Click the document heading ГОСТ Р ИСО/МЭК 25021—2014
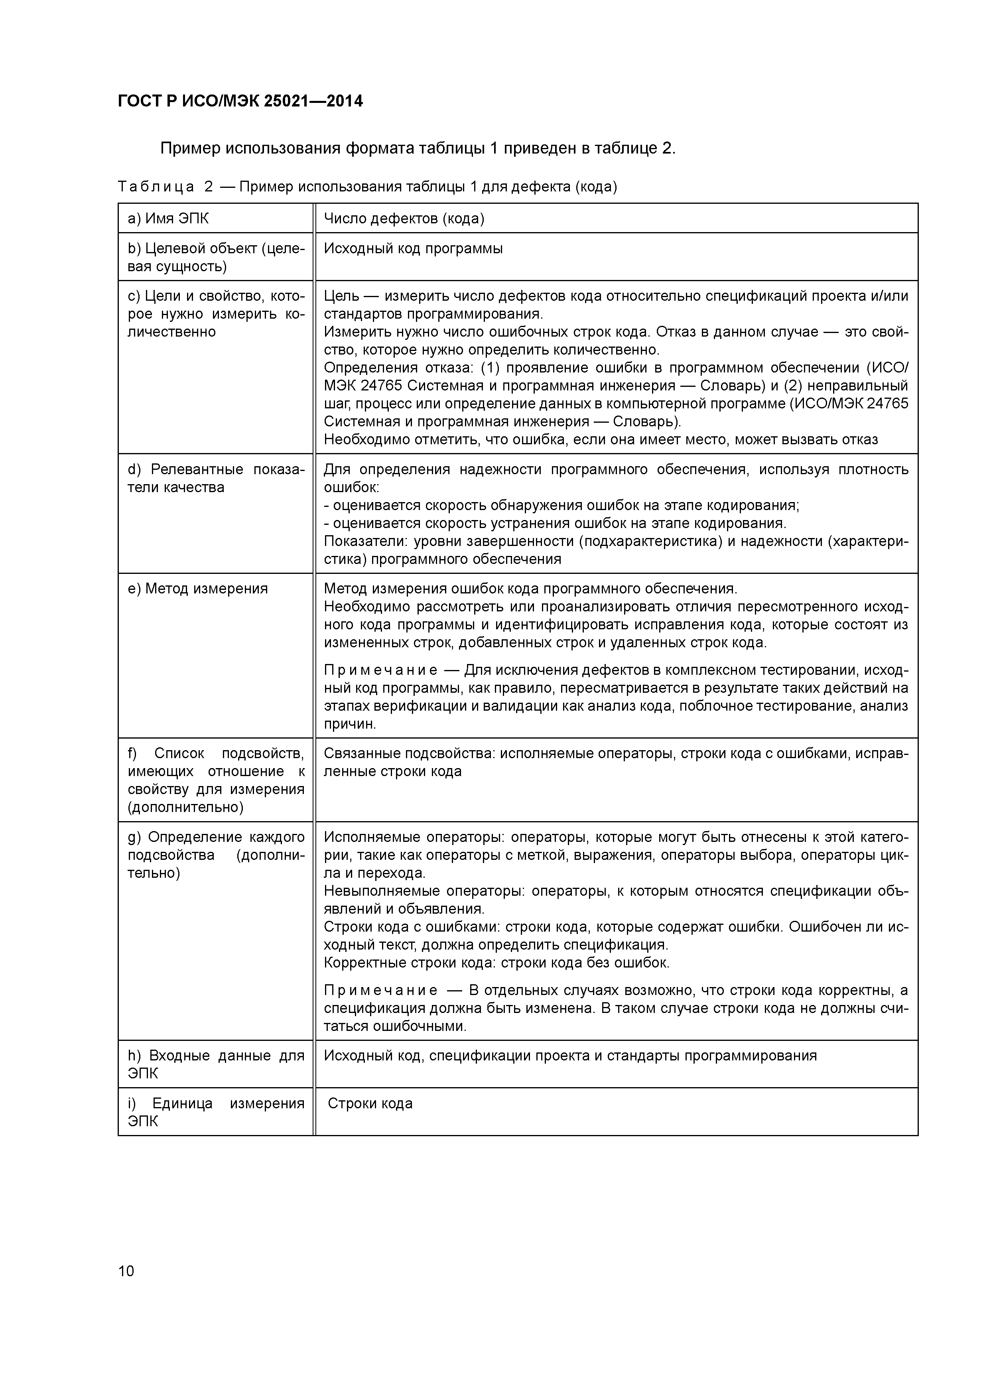point(240,101)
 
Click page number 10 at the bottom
point(126,1271)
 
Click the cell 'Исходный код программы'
point(413,248)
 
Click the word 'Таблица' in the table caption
point(156,187)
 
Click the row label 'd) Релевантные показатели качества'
point(216,478)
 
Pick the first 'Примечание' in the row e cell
point(380,670)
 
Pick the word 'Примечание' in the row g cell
point(380,990)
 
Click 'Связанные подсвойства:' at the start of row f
point(410,754)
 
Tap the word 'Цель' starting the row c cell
point(341,296)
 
